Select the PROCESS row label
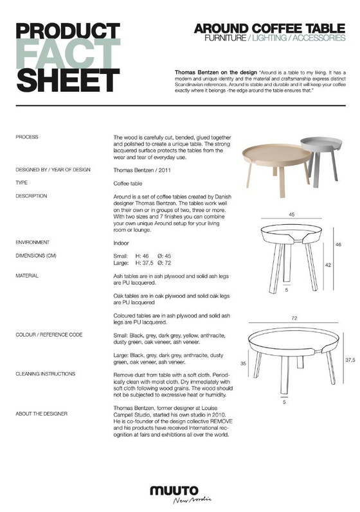(27, 137)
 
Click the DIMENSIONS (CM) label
(36, 256)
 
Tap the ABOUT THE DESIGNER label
(42, 413)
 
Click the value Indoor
(121, 243)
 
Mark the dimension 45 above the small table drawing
(292, 215)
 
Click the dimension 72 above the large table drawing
(292, 317)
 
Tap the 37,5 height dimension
(349, 360)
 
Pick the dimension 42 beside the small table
(328, 264)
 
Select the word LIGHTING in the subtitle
(271, 39)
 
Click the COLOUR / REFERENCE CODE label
(49, 335)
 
